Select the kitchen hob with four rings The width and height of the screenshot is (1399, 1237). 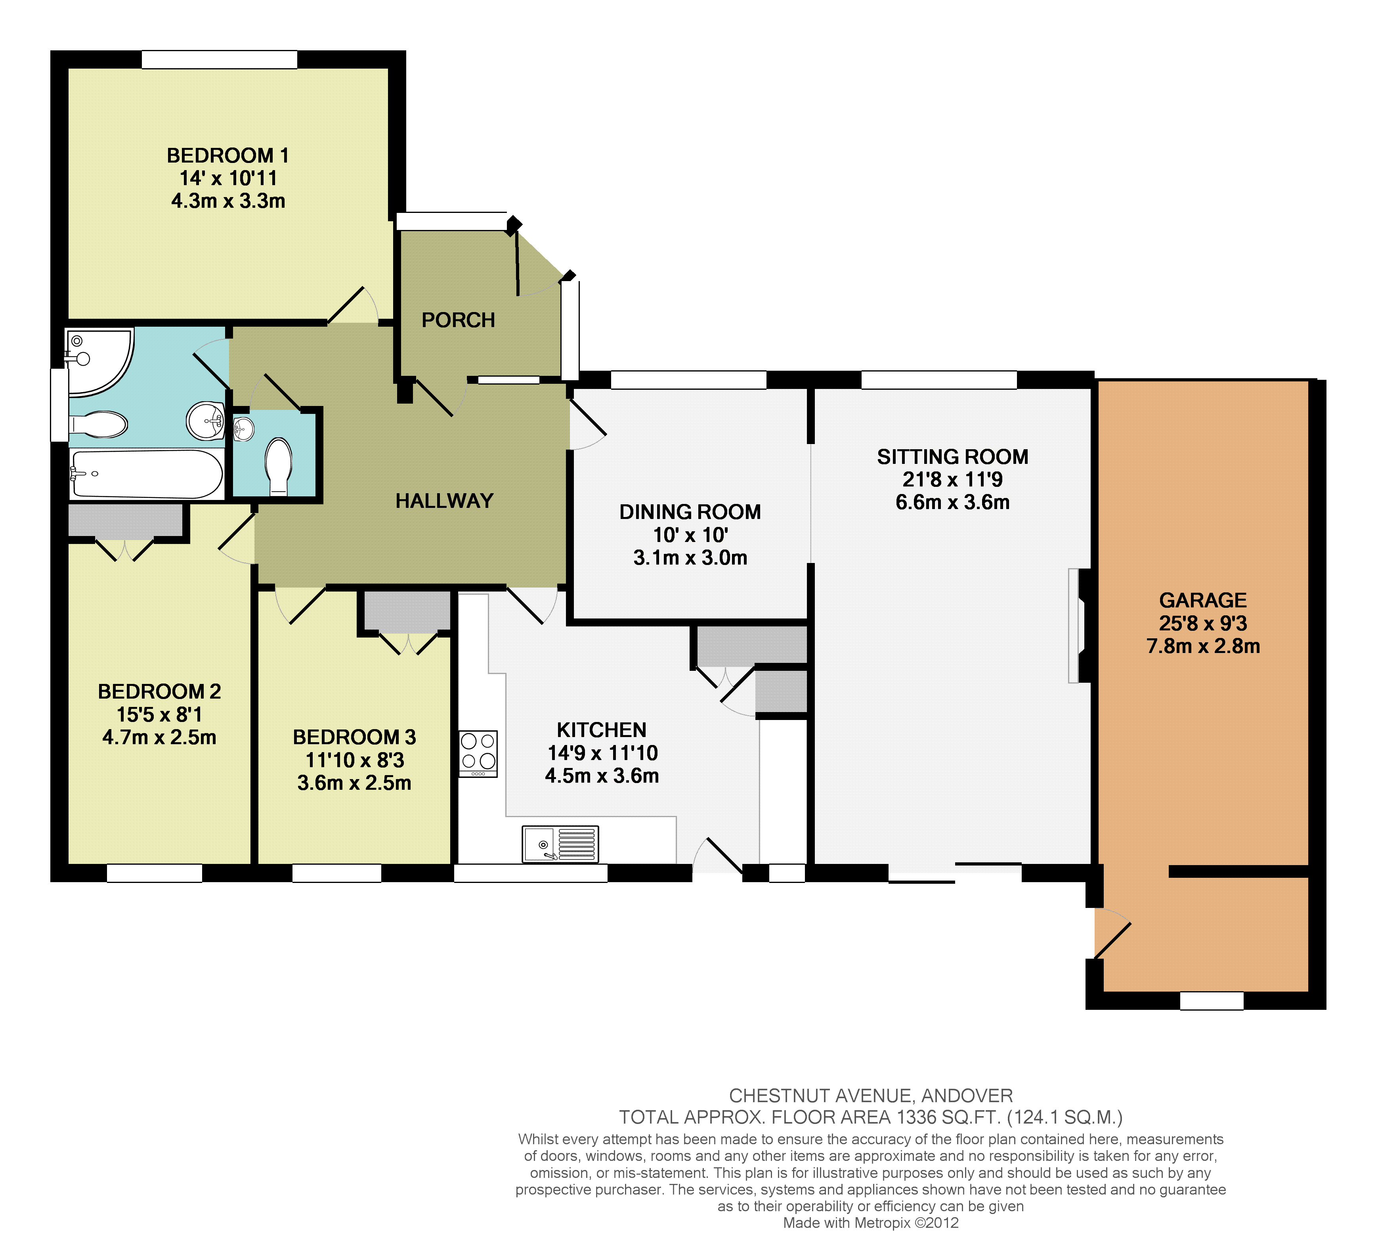(478, 753)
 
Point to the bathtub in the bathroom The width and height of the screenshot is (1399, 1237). (147, 474)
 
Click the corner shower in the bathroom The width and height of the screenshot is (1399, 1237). (99, 362)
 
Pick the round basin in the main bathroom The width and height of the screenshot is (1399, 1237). (205, 420)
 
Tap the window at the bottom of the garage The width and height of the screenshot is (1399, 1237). (1212, 1000)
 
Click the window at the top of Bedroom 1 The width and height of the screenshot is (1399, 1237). (219, 59)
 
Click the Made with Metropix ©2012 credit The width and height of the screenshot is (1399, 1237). (871, 1223)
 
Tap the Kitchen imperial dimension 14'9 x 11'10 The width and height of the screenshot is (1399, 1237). (602, 753)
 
